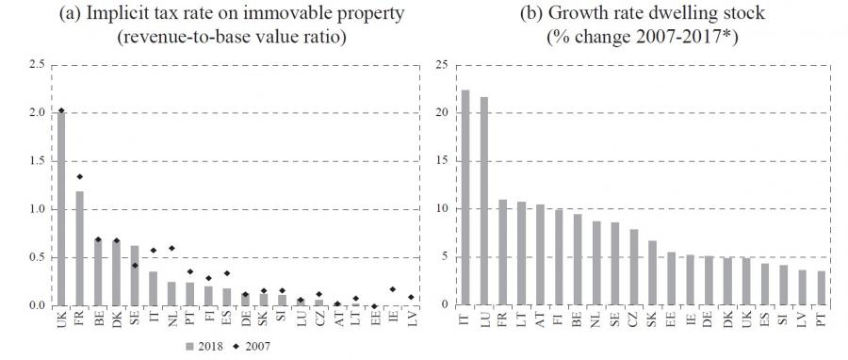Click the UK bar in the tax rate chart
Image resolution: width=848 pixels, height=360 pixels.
tap(61, 208)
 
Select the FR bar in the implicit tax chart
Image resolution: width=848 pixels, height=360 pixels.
tap(79, 249)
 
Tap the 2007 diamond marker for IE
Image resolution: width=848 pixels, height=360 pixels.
tap(392, 289)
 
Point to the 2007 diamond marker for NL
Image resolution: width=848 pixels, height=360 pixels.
tap(171, 248)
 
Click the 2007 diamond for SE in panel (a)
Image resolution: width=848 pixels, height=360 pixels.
tap(135, 266)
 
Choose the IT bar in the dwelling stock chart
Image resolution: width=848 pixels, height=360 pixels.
tap(465, 198)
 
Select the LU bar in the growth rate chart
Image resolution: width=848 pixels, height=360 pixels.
tap(484, 202)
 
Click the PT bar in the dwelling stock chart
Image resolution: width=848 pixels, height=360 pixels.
tap(822, 288)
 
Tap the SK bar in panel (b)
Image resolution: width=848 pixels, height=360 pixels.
tap(653, 273)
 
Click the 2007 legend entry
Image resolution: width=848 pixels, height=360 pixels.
tap(252, 346)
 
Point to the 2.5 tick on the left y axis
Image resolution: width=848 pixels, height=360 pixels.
tap(38, 65)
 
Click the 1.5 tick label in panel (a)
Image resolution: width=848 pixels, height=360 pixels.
tap(38, 161)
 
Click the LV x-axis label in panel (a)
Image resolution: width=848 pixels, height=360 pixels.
tap(411, 318)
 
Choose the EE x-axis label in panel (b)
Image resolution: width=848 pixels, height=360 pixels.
tap(672, 317)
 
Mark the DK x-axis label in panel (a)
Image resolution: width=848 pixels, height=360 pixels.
tap(116, 318)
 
